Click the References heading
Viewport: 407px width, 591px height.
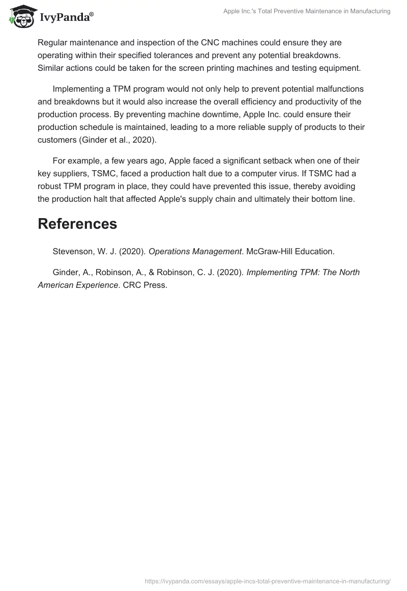click(x=77, y=224)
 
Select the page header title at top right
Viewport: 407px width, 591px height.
click(x=307, y=11)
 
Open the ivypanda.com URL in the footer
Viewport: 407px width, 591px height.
click(x=268, y=581)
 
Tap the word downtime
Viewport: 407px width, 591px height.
click(x=194, y=114)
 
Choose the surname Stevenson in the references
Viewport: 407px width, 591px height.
click(x=75, y=251)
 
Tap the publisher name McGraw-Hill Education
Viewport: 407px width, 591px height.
click(x=290, y=251)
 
